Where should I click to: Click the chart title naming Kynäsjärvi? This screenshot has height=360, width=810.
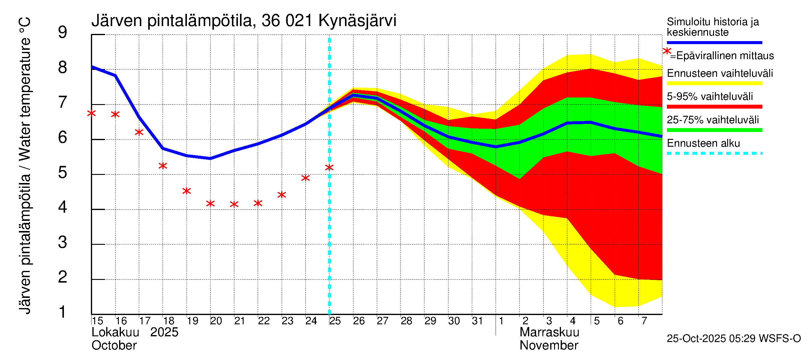coord(244,21)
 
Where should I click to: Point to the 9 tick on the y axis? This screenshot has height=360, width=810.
coord(63,32)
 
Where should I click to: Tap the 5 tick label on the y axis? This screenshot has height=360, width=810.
coord(63,172)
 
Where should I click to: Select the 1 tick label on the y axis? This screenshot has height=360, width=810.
coord(63,312)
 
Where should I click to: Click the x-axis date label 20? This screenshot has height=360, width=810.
coord(216,321)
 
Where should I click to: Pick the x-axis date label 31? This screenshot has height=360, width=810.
coord(477,321)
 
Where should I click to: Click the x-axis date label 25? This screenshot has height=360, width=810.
coord(335,321)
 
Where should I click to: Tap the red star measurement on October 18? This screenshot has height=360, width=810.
coord(163,166)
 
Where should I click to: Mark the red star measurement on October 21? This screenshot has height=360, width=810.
coord(234,204)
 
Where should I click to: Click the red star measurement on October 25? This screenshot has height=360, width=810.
coord(329,168)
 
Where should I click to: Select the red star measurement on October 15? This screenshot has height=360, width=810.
coord(91,113)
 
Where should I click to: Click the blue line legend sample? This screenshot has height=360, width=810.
coord(714,42)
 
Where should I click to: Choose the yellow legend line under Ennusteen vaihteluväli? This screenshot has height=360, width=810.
coord(714,83)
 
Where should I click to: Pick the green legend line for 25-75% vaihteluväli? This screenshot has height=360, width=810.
coord(714,130)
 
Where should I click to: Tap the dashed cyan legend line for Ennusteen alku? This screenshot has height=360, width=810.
coord(714,153)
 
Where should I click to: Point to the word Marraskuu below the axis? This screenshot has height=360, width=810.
coord(549,332)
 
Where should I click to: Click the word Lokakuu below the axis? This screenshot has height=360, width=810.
coord(115,332)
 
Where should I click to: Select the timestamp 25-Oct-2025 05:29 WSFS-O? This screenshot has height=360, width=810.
coord(733,339)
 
